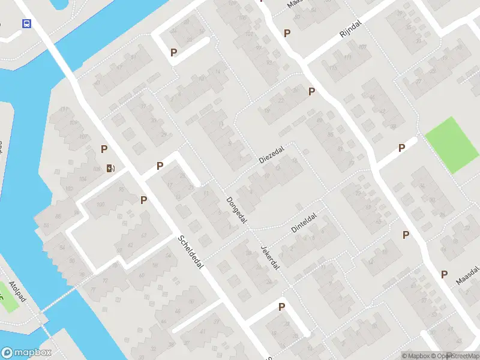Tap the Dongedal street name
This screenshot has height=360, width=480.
point(237,210)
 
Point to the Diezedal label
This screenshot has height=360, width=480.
point(271,154)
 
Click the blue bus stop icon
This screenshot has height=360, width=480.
point(26,24)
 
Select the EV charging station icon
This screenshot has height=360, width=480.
point(110,167)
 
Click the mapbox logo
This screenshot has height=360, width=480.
point(26,353)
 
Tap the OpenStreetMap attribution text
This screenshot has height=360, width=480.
point(455,356)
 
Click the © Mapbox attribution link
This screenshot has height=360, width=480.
point(416,356)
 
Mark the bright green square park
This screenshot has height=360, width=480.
point(451,144)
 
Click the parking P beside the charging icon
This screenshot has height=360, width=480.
point(104,149)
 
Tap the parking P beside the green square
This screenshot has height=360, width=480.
point(401,148)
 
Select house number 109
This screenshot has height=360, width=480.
point(74,123)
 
